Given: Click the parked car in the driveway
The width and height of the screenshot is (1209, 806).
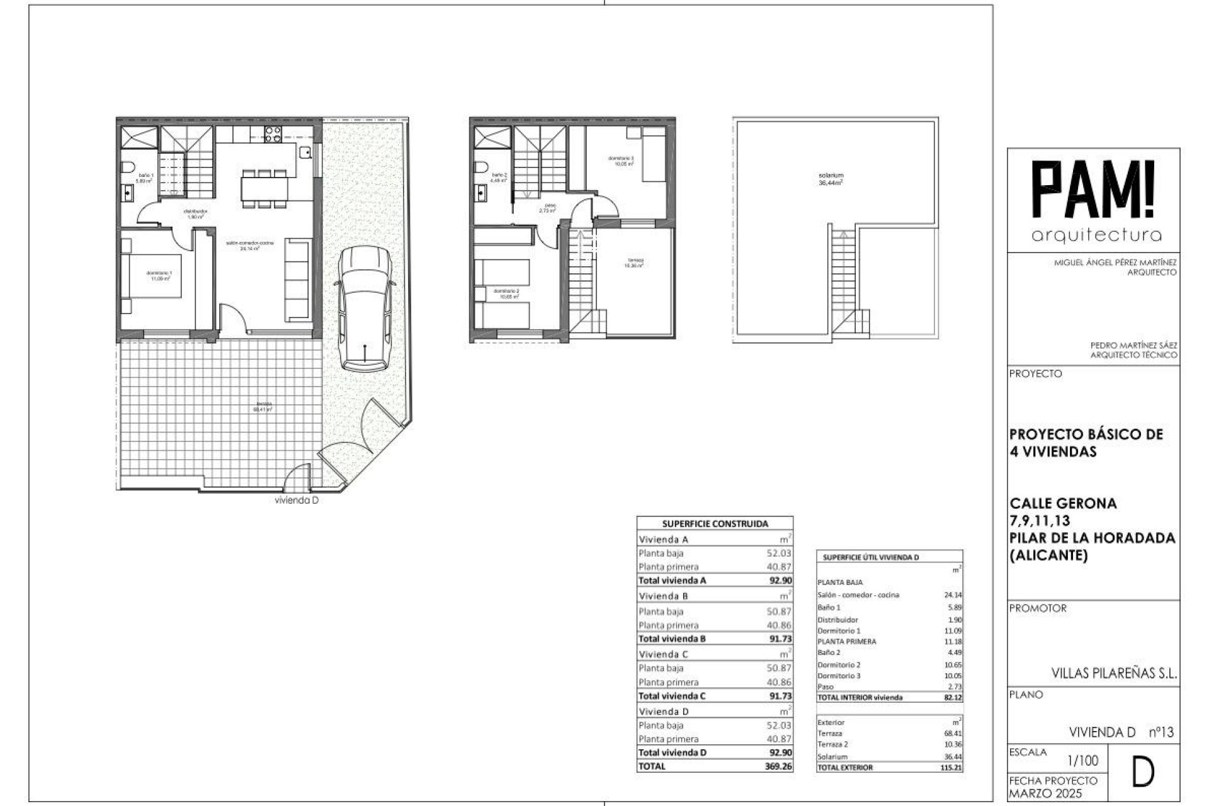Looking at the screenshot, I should point(365,309).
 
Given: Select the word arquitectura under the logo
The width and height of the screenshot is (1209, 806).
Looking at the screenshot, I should point(1096,236).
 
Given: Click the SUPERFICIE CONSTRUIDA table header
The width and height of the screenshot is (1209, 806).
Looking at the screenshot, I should point(715,523).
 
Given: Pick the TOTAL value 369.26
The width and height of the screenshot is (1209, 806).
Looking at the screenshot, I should point(778,766).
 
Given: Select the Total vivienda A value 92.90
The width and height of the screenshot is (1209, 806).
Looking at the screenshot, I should point(780,581).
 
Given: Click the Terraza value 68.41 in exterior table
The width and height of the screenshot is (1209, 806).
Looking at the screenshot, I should point(952,734).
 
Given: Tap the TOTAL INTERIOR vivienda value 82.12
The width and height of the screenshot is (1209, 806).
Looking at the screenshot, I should point(952,698).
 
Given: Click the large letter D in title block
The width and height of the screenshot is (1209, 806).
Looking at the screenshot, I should point(1142,773).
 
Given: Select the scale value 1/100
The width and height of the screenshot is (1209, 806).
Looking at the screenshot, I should point(1082,761).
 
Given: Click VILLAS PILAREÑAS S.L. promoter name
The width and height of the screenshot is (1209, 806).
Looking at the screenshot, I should point(1113,673).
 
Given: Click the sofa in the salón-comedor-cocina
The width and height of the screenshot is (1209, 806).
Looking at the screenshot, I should point(298,279).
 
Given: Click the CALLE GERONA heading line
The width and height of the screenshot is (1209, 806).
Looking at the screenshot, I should point(1063,503).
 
